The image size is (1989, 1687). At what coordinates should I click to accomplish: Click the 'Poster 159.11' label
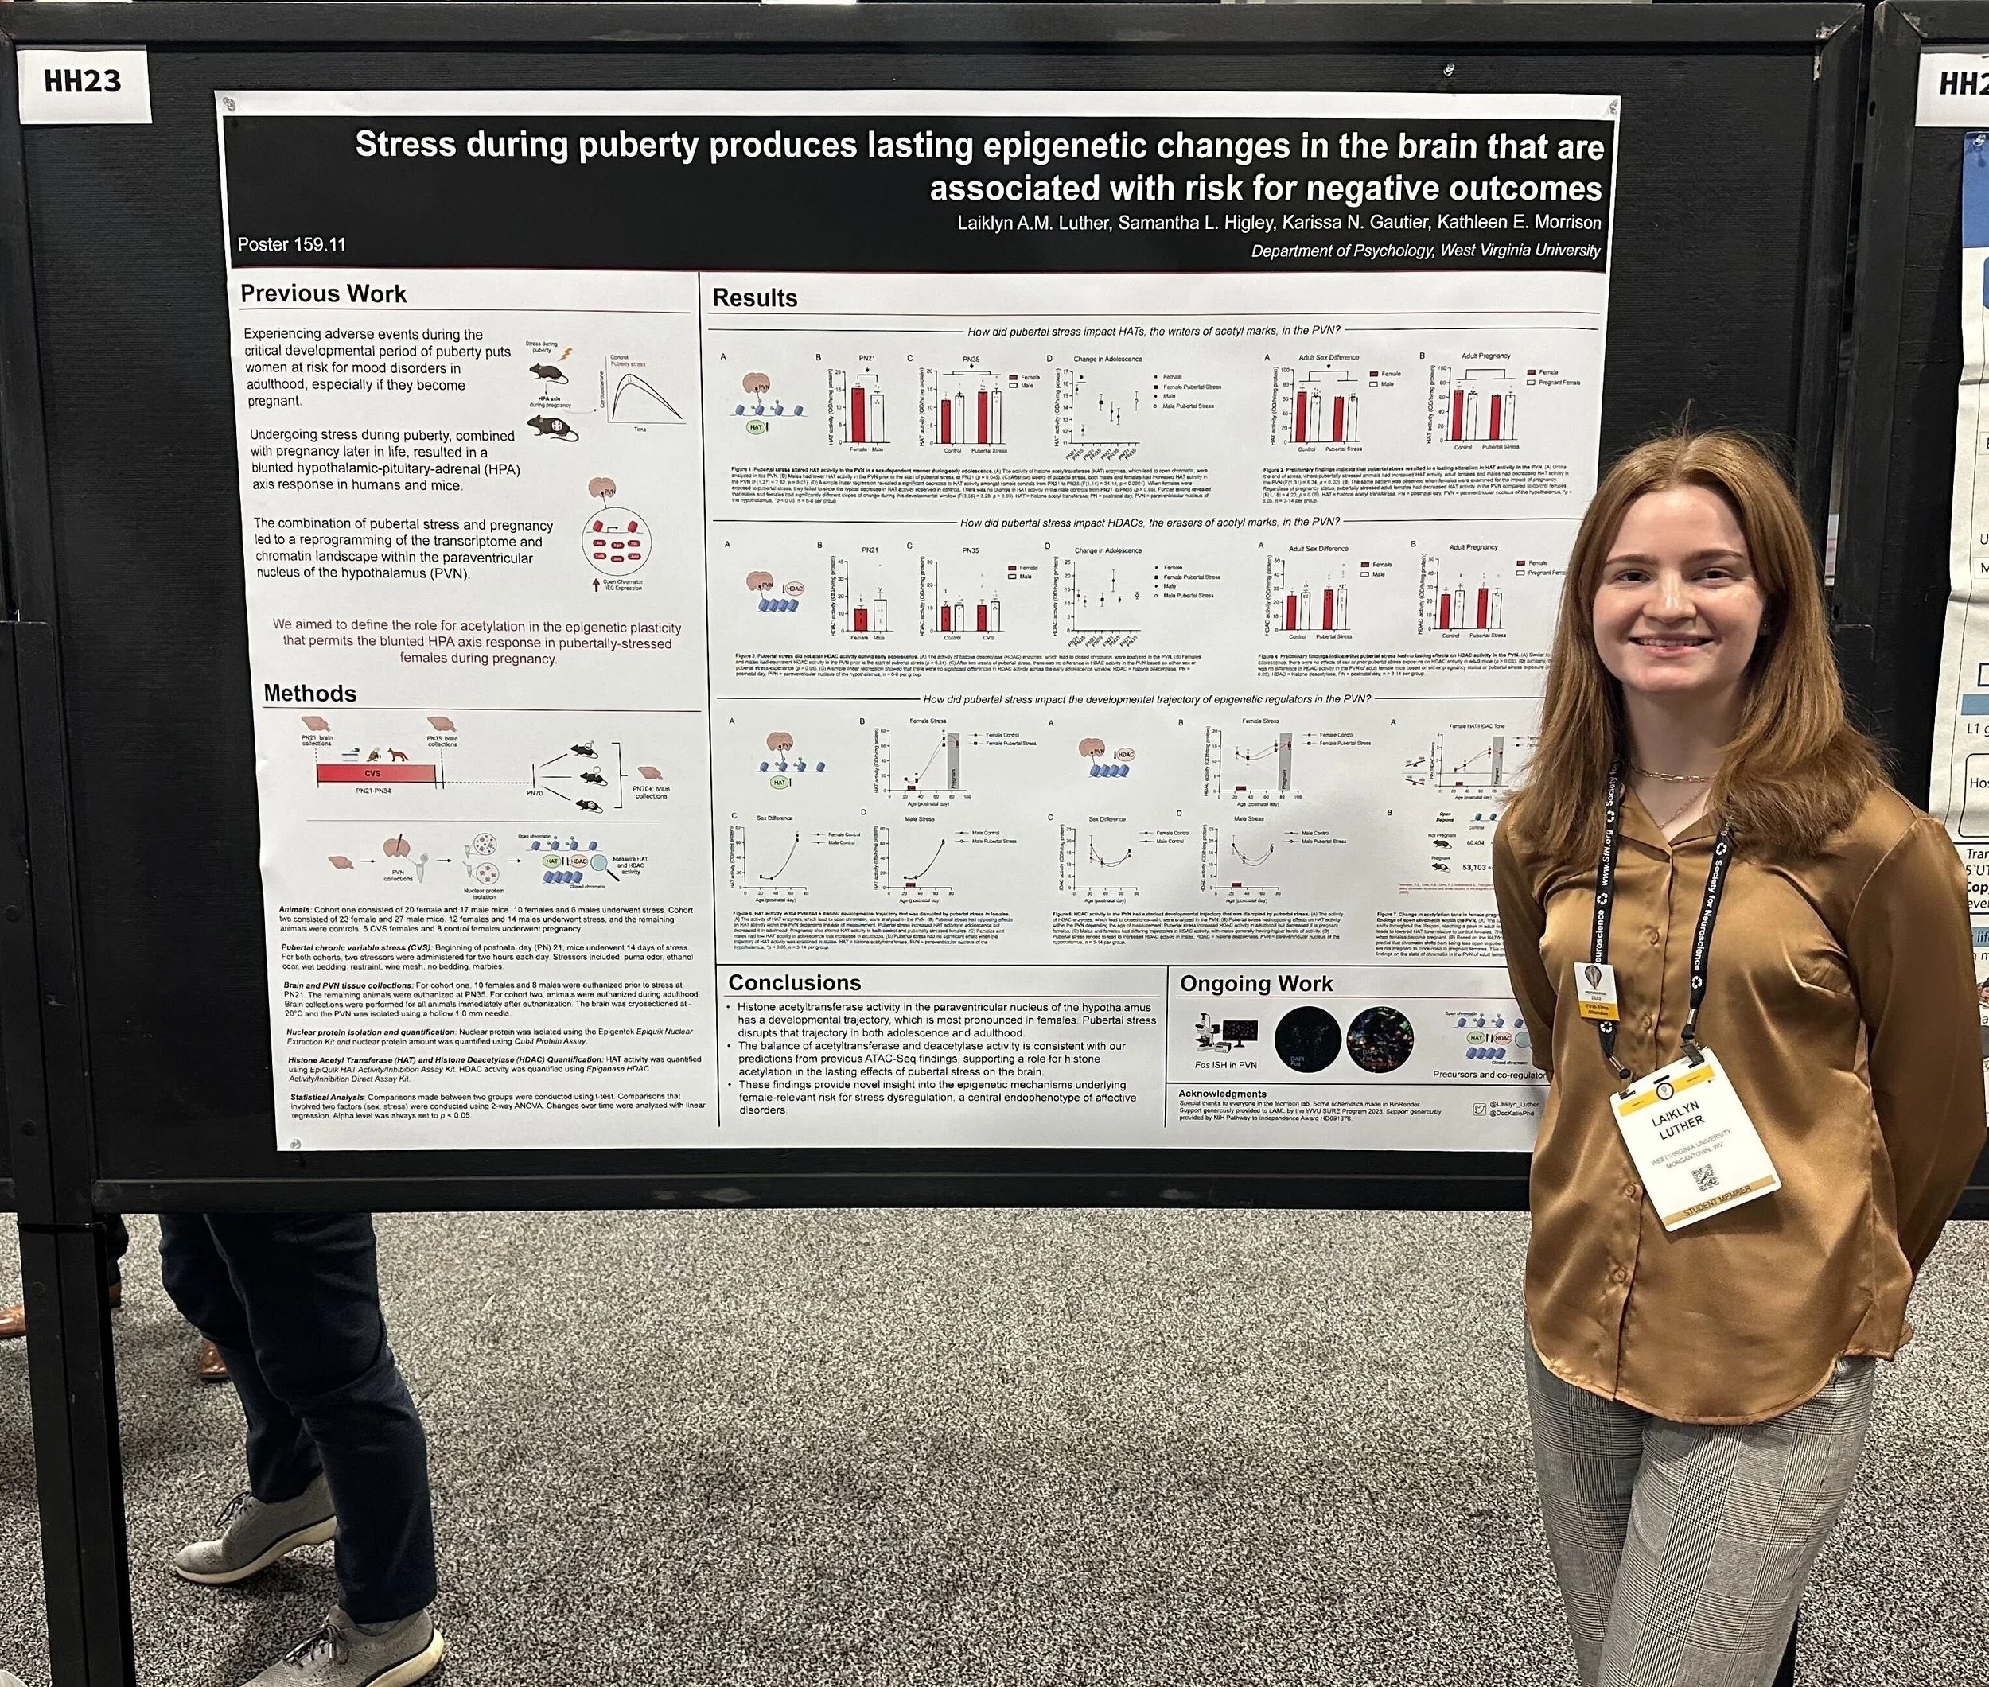coord(291,245)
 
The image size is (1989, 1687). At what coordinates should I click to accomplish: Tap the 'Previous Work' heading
coord(322,293)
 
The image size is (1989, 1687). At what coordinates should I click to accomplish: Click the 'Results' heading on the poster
coord(754,298)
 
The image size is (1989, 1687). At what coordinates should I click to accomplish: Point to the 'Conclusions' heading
coord(794,982)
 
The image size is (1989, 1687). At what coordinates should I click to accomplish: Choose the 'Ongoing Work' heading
coord(1255,983)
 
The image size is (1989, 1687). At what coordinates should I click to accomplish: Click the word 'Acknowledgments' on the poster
coord(1222,1093)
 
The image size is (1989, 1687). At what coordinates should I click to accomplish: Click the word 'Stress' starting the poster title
coord(405,146)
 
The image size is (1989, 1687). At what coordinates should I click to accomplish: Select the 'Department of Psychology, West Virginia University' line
coord(1425,251)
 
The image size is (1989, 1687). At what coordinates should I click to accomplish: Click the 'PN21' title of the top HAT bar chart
coord(866,359)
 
